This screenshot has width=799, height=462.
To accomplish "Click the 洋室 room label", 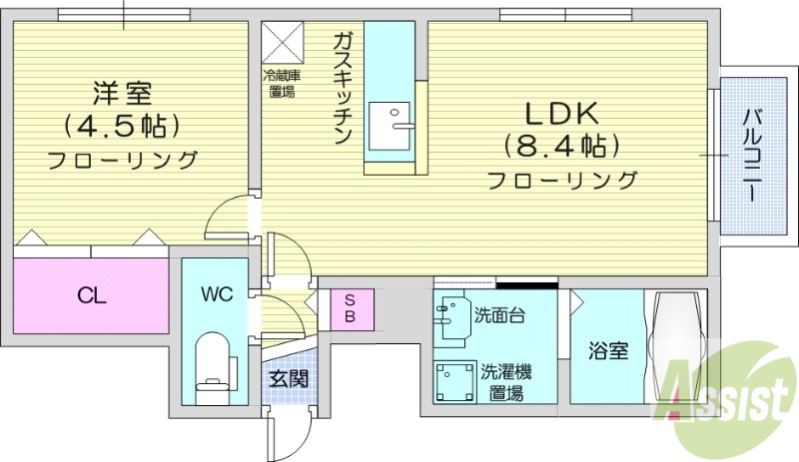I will pyautogui.click(x=122, y=93).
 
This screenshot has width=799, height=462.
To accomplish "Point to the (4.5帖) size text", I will pyautogui.click(x=122, y=127).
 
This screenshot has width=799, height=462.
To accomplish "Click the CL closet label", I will pyautogui.click(x=92, y=295).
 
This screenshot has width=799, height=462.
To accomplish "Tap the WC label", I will pyautogui.click(x=217, y=294).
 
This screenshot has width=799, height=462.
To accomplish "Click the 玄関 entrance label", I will pyautogui.click(x=288, y=380).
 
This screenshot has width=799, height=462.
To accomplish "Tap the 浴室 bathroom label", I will pyautogui.click(x=608, y=351).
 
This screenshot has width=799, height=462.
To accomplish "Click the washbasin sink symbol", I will pyautogui.click(x=451, y=313).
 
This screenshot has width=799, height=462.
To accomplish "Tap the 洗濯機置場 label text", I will pyautogui.click(x=506, y=382).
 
